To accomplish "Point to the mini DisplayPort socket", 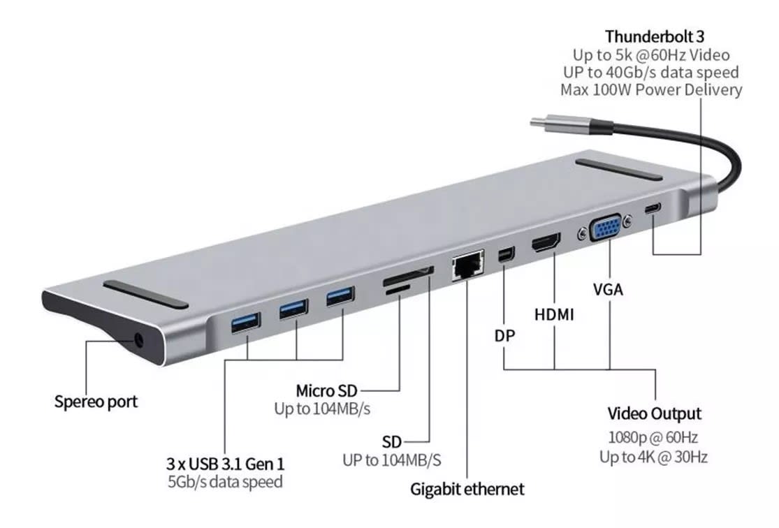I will pyautogui.click(x=503, y=256).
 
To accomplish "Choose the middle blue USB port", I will pyautogui.click(x=294, y=308).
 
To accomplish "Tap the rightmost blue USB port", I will pyautogui.click(x=340, y=296).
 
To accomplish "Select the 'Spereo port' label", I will pyautogui.click(x=96, y=402).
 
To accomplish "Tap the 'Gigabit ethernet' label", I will pyautogui.click(x=467, y=489).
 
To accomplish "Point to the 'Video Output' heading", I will pyautogui.click(x=654, y=413).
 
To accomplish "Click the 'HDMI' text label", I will pyautogui.click(x=554, y=314).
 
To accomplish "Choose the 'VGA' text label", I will pyautogui.click(x=609, y=288).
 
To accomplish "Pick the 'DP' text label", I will pyautogui.click(x=504, y=336).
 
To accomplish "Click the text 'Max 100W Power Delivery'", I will pyautogui.click(x=651, y=89).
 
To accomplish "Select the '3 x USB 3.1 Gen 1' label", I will pyautogui.click(x=226, y=463).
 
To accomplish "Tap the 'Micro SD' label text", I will pyautogui.click(x=327, y=390).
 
